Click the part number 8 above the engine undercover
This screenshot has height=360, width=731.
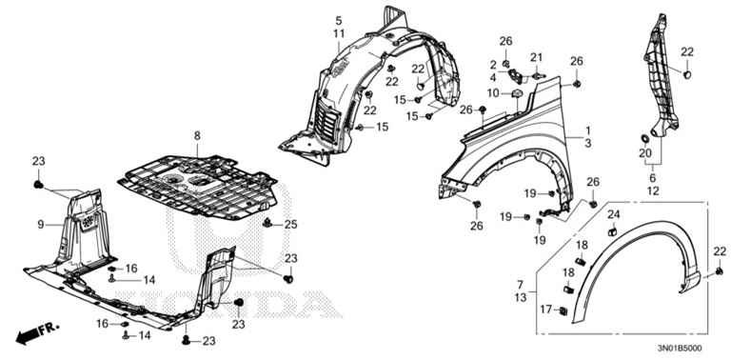point(197,135)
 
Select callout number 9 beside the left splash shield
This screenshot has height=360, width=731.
point(41,225)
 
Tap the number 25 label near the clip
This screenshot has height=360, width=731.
point(291,225)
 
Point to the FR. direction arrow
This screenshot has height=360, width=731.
point(38,333)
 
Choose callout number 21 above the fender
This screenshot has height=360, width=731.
point(536,57)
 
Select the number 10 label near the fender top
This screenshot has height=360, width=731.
point(493,93)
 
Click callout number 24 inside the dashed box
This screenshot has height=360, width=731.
point(614,214)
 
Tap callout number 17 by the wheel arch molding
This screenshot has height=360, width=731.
point(546,309)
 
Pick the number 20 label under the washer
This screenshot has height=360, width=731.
point(645,153)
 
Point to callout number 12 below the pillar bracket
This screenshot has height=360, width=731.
point(653,190)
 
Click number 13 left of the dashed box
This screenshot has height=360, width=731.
point(521,297)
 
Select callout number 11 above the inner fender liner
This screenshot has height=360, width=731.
point(339,33)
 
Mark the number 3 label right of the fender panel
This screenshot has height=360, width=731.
point(588,144)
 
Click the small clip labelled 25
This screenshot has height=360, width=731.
point(267,223)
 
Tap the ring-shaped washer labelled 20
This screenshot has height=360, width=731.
point(645,138)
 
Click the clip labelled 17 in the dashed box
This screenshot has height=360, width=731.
point(563,310)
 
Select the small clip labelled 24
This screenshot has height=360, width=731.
point(613,230)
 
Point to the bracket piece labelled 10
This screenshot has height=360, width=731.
point(517,94)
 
